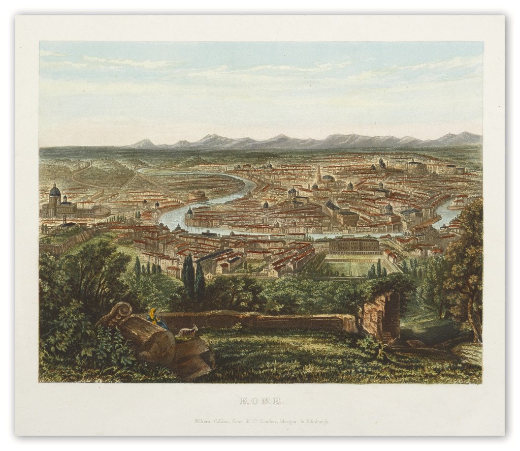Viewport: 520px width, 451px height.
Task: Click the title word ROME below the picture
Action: [261, 401]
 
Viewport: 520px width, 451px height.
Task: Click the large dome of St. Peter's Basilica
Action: [54, 192]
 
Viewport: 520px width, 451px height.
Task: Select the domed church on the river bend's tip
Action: [189, 212]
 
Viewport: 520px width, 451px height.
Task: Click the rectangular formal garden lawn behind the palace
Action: [358, 265]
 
